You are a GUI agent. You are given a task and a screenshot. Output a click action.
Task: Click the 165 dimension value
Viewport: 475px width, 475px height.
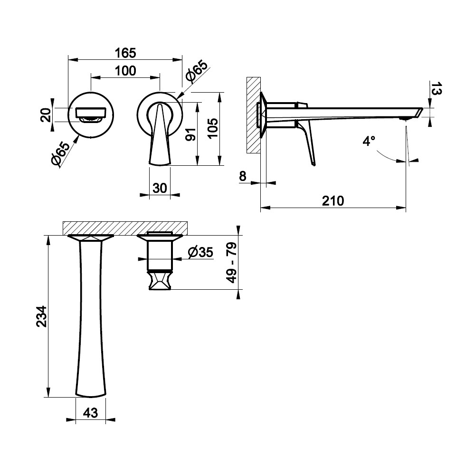click(125, 53)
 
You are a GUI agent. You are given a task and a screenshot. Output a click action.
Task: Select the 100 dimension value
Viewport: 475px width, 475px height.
click(125, 71)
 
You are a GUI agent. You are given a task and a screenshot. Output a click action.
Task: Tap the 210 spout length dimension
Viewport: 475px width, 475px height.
click(333, 201)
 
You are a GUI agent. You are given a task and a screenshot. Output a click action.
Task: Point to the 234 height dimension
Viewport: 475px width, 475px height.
click(41, 316)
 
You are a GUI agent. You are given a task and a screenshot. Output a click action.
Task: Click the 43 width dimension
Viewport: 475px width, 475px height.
click(90, 413)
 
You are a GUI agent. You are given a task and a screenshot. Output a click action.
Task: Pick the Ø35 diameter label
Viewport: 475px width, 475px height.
click(200, 252)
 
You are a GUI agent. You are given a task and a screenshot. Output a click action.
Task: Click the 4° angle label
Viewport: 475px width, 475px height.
click(369, 141)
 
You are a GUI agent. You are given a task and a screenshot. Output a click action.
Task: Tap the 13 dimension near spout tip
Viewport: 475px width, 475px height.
click(436, 88)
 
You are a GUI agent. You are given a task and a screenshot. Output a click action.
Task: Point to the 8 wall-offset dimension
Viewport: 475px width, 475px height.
click(243, 176)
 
